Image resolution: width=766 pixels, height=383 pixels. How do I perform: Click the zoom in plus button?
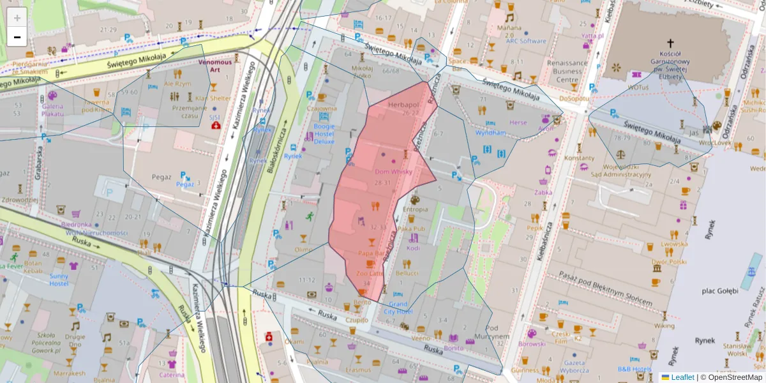tap(17, 17)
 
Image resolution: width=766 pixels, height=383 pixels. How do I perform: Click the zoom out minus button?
tap(17, 36)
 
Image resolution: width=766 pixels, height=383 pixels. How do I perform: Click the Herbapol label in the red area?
tap(403, 104)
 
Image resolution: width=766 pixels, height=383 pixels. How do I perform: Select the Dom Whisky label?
tap(393, 172)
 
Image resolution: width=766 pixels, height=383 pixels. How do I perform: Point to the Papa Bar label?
tap(370, 253)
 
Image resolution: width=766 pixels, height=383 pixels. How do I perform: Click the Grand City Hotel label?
tap(398, 308)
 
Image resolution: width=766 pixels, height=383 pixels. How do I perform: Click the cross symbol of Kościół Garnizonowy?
tap(670, 42)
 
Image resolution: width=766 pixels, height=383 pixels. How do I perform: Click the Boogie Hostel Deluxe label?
tap(324, 133)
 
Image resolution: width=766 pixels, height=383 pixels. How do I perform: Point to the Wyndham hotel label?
tap(490, 133)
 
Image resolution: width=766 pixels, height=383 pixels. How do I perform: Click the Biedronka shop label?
tap(77, 225)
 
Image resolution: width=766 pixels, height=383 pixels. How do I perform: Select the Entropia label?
tap(416, 209)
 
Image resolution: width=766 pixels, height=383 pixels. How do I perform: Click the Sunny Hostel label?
tap(59, 279)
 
